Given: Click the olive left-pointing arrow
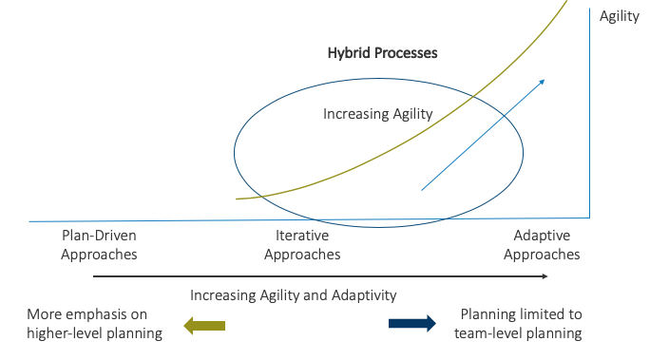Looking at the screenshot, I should [x=205, y=325].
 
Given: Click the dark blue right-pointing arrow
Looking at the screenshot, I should [x=412, y=323].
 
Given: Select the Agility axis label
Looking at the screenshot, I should [x=620, y=16].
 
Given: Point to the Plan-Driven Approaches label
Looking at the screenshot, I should [x=99, y=245].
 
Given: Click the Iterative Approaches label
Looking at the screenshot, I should [x=302, y=245].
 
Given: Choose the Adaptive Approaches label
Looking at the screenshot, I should [x=542, y=245].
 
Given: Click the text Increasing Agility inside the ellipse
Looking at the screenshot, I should [x=378, y=114].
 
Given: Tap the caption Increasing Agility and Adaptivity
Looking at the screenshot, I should [x=294, y=295].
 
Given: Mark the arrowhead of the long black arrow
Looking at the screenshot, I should [x=545, y=276].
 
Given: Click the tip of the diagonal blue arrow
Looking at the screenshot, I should [x=544, y=80].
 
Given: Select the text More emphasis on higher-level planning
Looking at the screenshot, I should [x=94, y=323].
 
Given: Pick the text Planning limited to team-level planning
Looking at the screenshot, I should [x=518, y=323].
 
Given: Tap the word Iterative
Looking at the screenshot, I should [x=302, y=236].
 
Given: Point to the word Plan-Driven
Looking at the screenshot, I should [x=99, y=236].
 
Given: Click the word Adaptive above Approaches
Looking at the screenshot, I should [x=542, y=236].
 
